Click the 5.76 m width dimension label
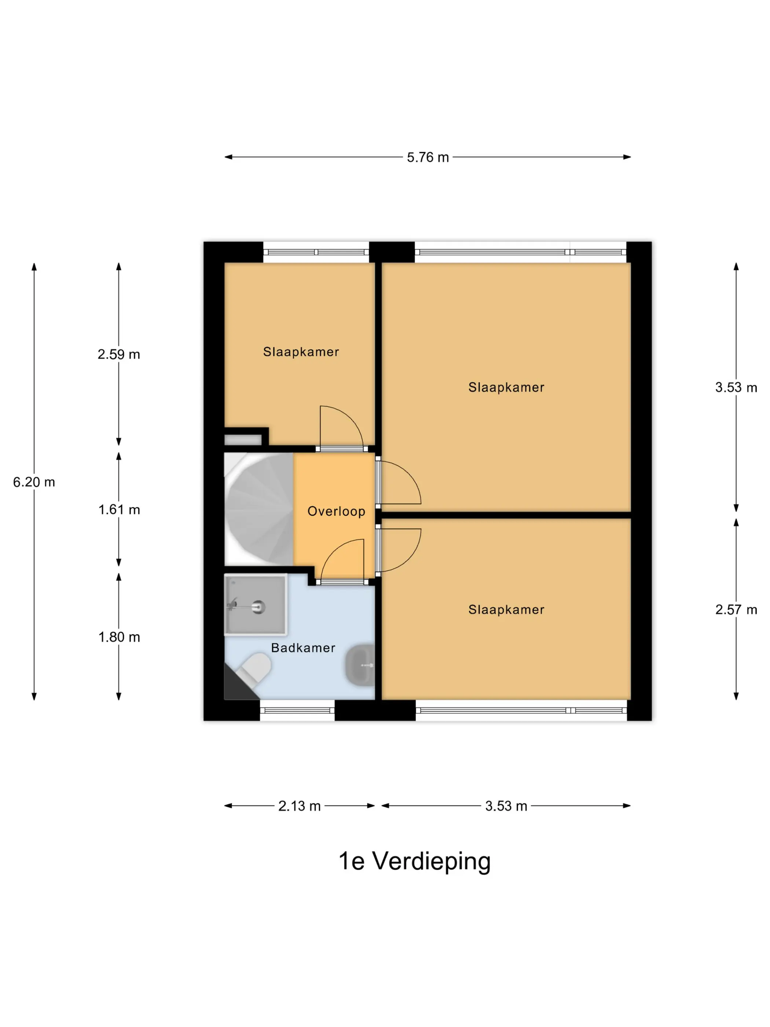[x=428, y=157]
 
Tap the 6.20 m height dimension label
[x=34, y=482]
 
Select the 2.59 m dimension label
[x=119, y=354]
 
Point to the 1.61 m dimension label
[x=119, y=510]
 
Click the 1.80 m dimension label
[x=119, y=637]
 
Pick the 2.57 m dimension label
[x=736, y=610]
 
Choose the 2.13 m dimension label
[x=299, y=806]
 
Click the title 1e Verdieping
[x=414, y=861]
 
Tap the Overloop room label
[x=336, y=511]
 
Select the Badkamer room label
[x=303, y=648]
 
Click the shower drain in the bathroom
[x=258, y=606]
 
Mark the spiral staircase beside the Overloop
[x=258, y=509]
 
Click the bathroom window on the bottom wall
[x=297, y=710]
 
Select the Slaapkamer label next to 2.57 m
[x=506, y=610]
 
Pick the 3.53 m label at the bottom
[x=506, y=806]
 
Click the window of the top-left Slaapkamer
[x=316, y=252]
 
